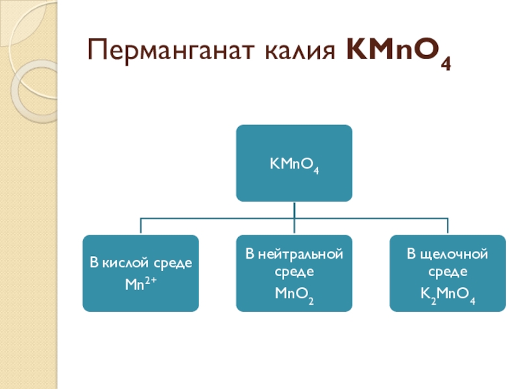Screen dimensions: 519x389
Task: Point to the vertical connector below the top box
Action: click(294, 209)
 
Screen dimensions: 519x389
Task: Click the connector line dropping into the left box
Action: click(141, 226)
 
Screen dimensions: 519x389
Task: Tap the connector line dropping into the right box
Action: click(447, 226)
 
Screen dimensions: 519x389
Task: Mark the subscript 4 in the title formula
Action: click(446, 64)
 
